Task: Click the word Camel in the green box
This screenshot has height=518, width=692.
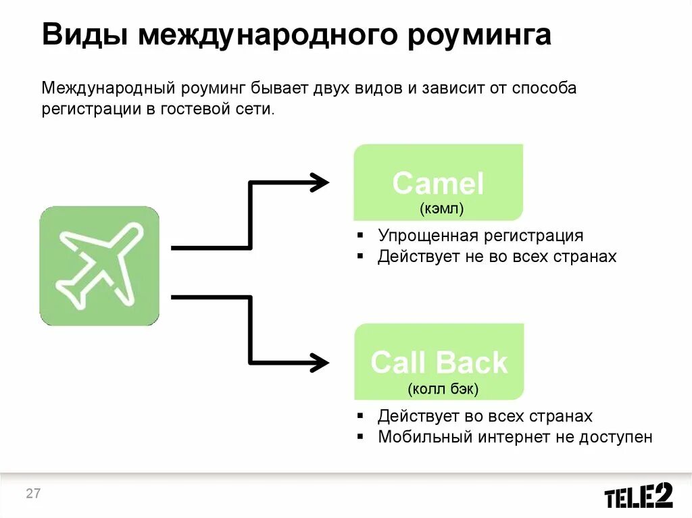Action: click(x=438, y=184)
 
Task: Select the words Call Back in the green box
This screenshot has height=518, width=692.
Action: click(x=439, y=363)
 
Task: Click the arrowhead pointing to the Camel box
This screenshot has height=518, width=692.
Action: click(x=319, y=182)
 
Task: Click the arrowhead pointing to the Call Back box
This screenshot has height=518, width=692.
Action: click(x=319, y=362)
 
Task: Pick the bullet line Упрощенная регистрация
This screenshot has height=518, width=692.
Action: click(x=480, y=236)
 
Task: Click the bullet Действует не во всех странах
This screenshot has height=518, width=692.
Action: click(x=497, y=257)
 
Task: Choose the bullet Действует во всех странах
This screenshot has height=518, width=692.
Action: click(x=485, y=415)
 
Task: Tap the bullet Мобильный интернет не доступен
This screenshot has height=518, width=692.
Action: click(x=515, y=436)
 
